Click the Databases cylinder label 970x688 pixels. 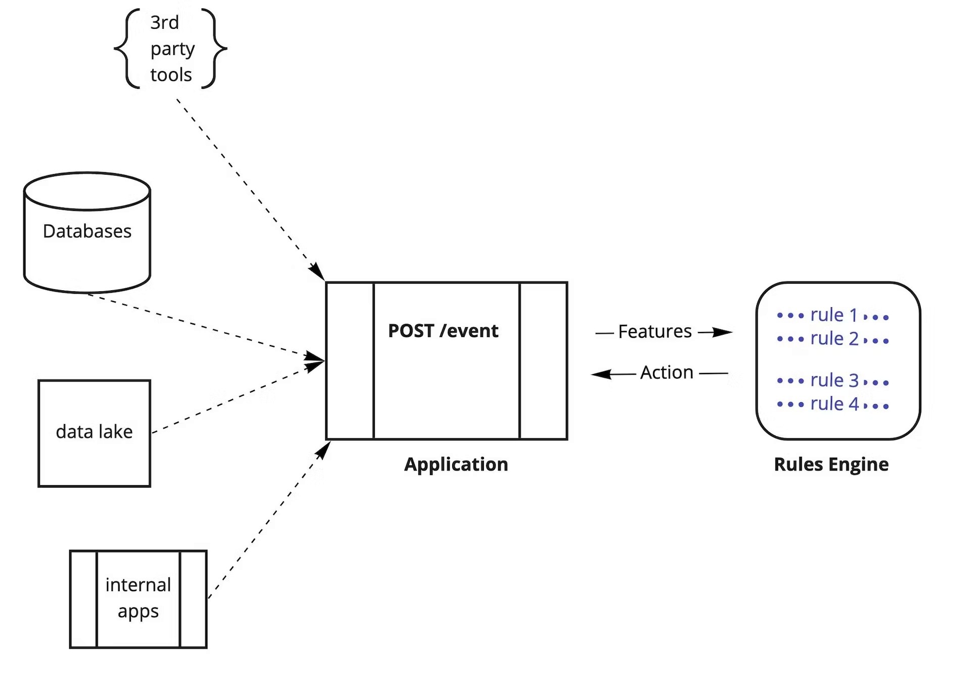click(87, 231)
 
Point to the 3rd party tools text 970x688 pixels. click(172, 48)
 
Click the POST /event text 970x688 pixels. click(443, 331)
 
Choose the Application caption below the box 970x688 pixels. click(456, 464)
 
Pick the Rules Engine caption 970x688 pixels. click(831, 464)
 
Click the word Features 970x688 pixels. click(655, 332)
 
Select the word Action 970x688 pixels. click(667, 373)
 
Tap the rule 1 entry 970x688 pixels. click(833, 315)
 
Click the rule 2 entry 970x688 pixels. click(834, 339)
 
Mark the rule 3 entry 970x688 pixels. click(834, 381)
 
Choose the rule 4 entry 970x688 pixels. click(834, 404)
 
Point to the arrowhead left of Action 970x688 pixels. click(601, 374)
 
